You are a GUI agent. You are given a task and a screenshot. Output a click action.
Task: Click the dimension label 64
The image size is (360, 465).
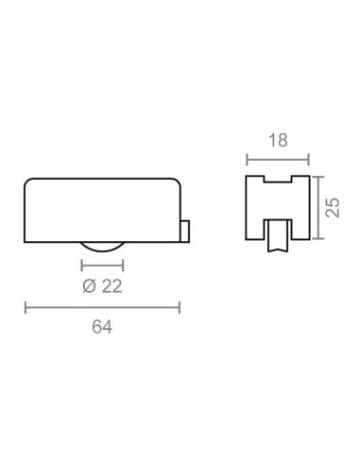pyautogui.click(x=102, y=327)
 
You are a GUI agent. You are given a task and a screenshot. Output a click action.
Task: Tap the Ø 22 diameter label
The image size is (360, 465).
pyautogui.click(x=102, y=286)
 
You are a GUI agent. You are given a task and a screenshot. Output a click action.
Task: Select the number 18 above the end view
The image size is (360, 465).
pyautogui.click(x=278, y=141)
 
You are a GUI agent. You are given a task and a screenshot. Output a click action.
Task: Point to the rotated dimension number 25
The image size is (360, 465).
pyautogui.click(x=333, y=207)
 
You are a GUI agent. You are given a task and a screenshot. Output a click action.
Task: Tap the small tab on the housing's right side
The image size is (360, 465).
pyautogui.click(x=185, y=232)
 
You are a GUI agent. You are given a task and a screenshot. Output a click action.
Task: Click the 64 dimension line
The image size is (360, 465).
pyautogui.click(x=102, y=307)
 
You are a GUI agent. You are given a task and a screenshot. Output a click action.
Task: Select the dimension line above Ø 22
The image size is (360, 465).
pyautogui.click(x=102, y=266)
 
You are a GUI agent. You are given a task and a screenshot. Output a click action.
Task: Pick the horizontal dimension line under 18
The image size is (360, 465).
pyautogui.click(x=278, y=160)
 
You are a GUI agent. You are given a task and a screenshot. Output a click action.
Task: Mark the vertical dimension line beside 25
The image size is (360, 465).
pyautogui.click(x=318, y=208)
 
